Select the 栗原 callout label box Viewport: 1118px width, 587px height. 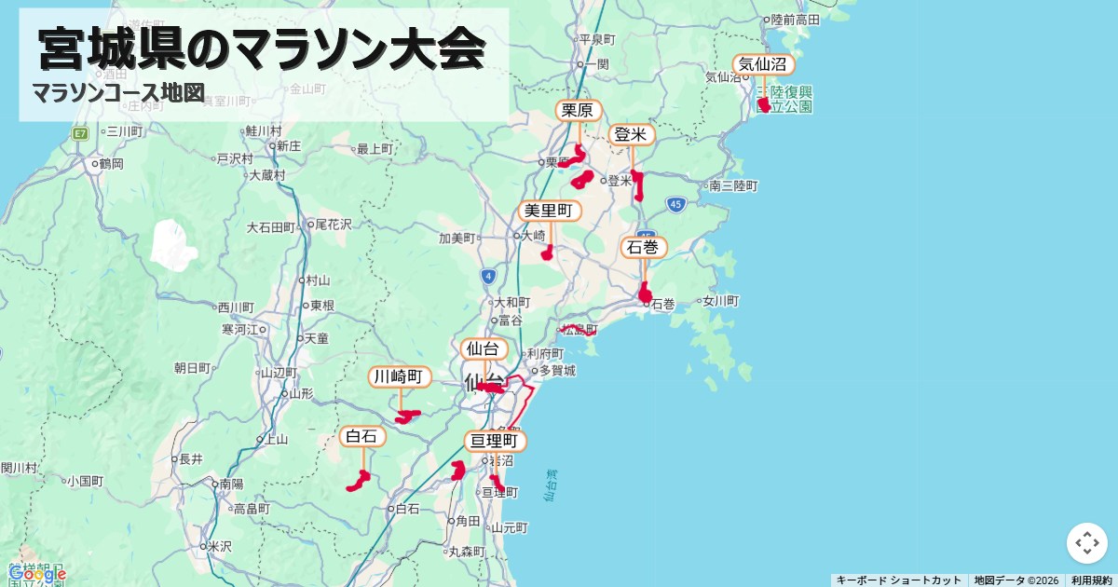pyautogui.click(x=579, y=111)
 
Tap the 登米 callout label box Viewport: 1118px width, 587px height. pyautogui.click(x=632, y=135)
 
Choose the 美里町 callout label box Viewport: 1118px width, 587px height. pyautogui.click(x=550, y=211)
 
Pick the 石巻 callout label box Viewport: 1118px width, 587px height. pyautogui.click(x=644, y=247)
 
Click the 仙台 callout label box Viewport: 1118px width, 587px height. pyautogui.click(x=484, y=349)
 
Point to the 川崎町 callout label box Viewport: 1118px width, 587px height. pyautogui.click(x=400, y=376)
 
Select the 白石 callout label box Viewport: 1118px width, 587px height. pyautogui.click(x=361, y=436)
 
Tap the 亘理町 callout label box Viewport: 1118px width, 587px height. pyautogui.click(x=495, y=441)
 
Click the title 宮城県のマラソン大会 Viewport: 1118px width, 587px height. pyautogui.click(x=263, y=50)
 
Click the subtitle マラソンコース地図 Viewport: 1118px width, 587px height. pyautogui.click(x=118, y=93)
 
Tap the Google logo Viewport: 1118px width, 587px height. pyautogui.click(x=37, y=574)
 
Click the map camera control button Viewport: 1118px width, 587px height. pyautogui.click(x=1087, y=543)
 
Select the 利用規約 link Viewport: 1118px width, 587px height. pyautogui.click(x=1091, y=580)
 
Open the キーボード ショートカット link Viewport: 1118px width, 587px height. pyautogui.click(x=898, y=580)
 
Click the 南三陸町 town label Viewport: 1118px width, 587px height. pyautogui.click(x=734, y=186)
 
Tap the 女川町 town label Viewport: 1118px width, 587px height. pyautogui.click(x=720, y=301)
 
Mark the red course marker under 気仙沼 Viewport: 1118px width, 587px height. pyautogui.click(x=764, y=104)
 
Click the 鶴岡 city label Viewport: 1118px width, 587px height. pyautogui.click(x=111, y=164)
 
